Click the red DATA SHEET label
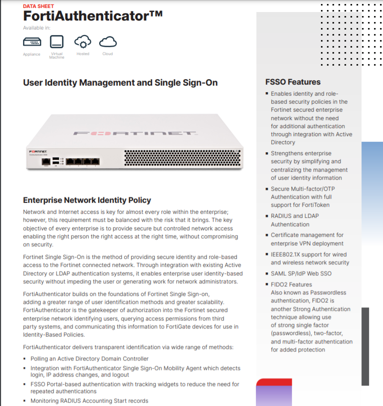pyautogui.click(x=39, y=6)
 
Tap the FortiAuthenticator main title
pyautogui.click(x=93, y=16)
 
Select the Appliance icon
pyautogui.click(x=32, y=42)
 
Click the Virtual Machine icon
pyautogui.click(x=57, y=41)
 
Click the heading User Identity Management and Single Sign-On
pyautogui.click(x=120, y=83)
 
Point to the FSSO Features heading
pyautogui.click(x=293, y=82)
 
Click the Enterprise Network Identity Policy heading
pyautogui.click(x=87, y=200)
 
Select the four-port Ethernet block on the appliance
pyautogui.click(x=83, y=161)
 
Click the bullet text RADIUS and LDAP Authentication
pyautogui.click(x=295, y=220)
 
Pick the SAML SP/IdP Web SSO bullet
pyautogui.click(x=301, y=273)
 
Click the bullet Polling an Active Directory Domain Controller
pyautogui.click(x=90, y=358)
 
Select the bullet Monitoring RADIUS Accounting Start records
pyautogui.click(x=89, y=400)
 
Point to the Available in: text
pyautogui.click(x=37, y=28)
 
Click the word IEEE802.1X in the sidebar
pyautogui.click(x=286, y=254)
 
